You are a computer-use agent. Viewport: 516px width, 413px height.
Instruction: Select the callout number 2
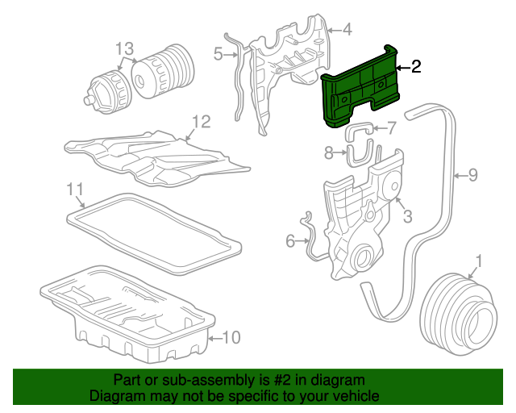pos(416,67)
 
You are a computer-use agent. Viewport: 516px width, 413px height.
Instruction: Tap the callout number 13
pos(123,49)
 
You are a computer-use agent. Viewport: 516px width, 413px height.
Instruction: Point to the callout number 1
pos(480,261)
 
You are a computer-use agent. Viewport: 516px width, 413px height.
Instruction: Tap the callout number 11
pos(75,189)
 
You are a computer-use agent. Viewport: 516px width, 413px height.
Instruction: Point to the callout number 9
pos(473,173)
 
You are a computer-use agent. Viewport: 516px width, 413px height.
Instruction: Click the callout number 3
pos(407,215)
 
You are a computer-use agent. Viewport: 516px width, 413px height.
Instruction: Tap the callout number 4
pos(347,31)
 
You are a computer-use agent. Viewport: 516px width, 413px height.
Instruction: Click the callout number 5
pos(218,54)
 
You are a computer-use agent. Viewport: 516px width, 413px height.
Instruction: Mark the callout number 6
pos(290,240)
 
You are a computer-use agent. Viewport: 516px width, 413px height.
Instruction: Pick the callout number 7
pos(391,127)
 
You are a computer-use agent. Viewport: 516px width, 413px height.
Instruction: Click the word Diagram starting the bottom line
pos(115,397)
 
